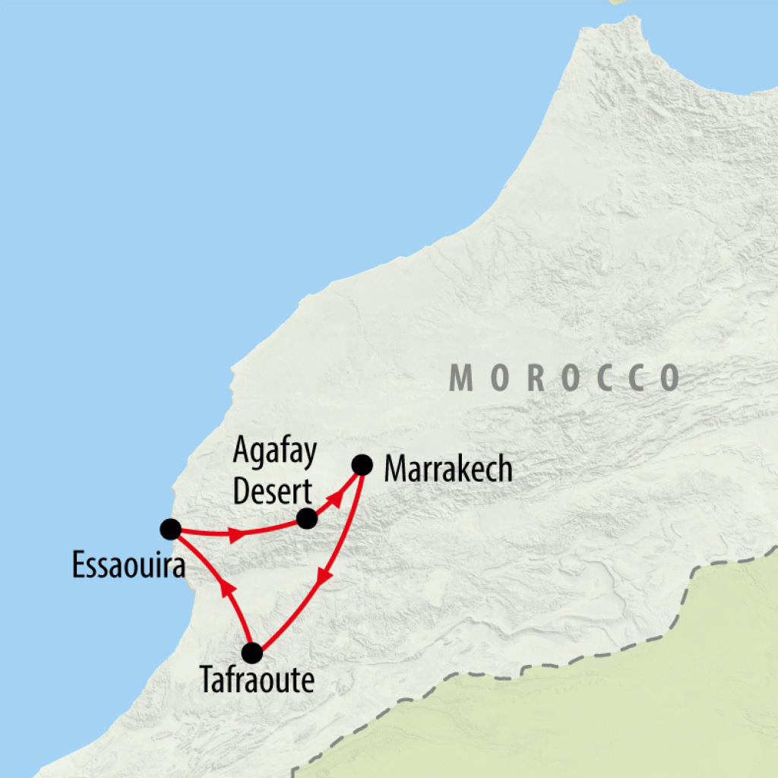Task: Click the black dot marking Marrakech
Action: (x=362, y=464)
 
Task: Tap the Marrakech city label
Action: (x=448, y=470)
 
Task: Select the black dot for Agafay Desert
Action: (x=306, y=518)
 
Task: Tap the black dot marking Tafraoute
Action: (x=251, y=653)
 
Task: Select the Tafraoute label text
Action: (x=257, y=679)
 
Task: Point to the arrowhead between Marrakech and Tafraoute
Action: (x=323, y=579)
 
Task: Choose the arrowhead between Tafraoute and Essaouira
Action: (x=225, y=587)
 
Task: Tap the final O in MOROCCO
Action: (x=667, y=378)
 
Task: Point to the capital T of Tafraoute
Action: (x=207, y=679)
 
